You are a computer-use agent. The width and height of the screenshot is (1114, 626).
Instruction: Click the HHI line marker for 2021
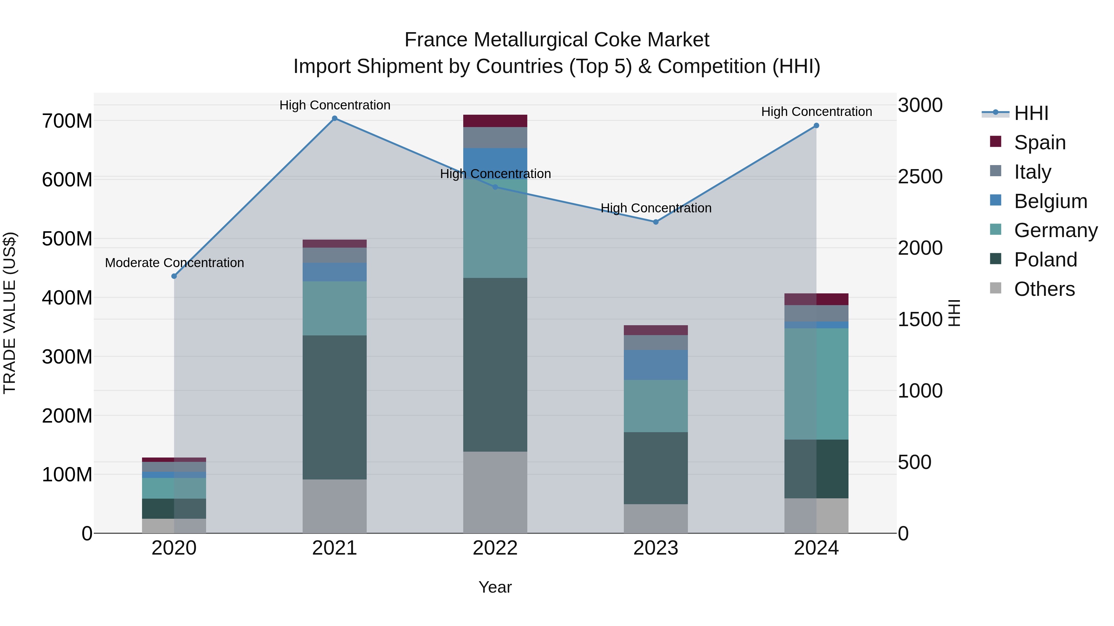pyautogui.click(x=334, y=118)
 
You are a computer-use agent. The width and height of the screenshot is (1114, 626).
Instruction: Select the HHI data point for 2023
pyautogui.click(x=656, y=222)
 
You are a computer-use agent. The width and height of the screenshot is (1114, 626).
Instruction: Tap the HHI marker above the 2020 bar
pyautogui.click(x=174, y=276)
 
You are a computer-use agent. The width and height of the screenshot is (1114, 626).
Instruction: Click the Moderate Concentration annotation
pyautogui.click(x=174, y=263)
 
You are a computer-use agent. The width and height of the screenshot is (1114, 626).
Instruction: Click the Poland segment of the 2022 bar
pyautogui.click(x=495, y=365)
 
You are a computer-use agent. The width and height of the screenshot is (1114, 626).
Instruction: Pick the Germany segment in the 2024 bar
pyautogui.click(x=817, y=384)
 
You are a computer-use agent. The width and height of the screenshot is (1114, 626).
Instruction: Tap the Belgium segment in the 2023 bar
pyautogui.click(x=656, y=365)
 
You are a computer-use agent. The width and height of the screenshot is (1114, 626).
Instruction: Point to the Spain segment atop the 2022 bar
pyautogui.click(x=495, y=121)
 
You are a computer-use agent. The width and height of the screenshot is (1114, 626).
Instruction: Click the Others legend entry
pyautogui.click(x=1044, y=289)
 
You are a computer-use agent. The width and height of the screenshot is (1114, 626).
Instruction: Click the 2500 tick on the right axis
pyautogui.click(x=920, y=177)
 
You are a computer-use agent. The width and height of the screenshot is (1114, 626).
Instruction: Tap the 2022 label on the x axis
pyautogui.click(x=495, y=548)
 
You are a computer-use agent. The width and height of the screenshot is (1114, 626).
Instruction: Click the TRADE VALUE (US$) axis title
pyautogui.click(x=10, y=313)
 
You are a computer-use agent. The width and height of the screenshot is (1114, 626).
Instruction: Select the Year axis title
pyautogui.click(x=495, y=587)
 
